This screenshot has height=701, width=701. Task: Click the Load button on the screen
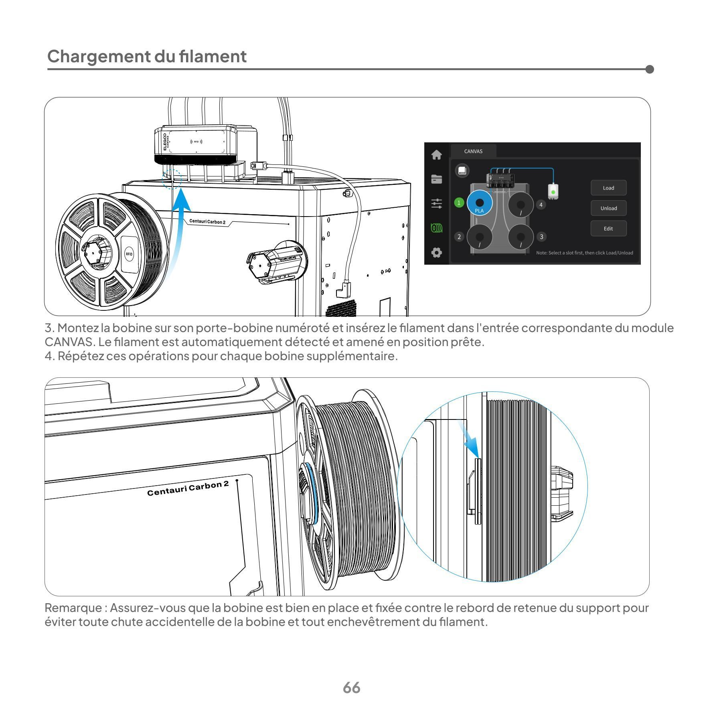(608, 188)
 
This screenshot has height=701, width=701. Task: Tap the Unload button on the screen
(608, 208)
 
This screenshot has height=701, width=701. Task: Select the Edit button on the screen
(608, 229)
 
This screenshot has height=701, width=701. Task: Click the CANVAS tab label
(473, 151)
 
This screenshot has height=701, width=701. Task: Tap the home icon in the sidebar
(436, 155)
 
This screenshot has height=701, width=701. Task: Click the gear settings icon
(436, 253)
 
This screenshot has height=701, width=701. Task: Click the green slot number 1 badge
(459, 203)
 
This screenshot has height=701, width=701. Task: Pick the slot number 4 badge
(541, 205)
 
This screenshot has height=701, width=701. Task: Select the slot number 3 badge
(541, 237)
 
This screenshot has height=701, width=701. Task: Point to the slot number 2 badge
(459, 237)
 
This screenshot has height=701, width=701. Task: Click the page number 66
(351, 687)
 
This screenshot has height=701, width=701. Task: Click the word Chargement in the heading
(99, 56)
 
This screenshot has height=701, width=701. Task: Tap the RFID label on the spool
(129, 254)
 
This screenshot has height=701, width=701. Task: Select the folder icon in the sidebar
(436, 179)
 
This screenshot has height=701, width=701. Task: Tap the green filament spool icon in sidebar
(436, 228)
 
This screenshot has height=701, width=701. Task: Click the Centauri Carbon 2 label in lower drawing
(188, 488)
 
